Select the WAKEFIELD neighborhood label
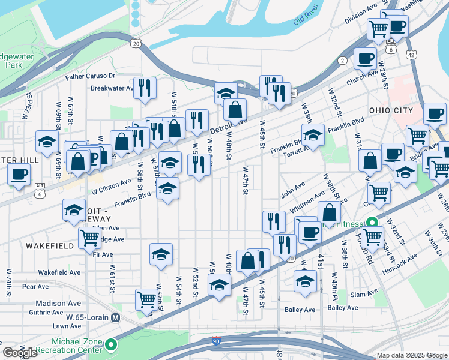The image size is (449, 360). tap(50, 246)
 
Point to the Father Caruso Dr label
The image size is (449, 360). tap(90, 76)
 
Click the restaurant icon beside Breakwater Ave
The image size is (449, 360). tap(145, 88)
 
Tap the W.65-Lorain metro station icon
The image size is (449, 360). tap(116, 317)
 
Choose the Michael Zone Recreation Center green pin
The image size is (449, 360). tap(112, 345)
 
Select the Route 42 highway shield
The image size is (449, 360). tap(411, 54)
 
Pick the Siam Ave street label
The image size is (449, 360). tap(364, 295)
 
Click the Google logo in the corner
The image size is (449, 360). tap(20, 352)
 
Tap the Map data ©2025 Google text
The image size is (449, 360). tap(412, 355)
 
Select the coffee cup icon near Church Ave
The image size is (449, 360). tap(364, 58)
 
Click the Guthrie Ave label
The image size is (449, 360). tap(49, 312)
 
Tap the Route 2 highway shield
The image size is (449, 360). tap(342, 60)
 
